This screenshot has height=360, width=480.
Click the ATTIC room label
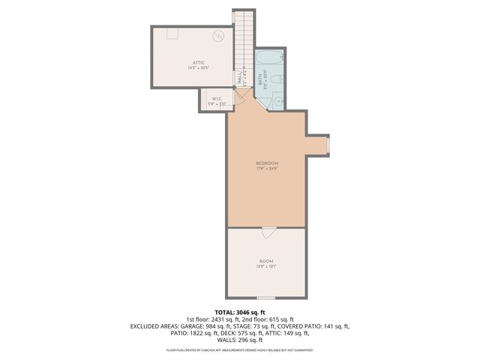coord(197,62)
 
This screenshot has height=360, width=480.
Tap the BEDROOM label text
coord(267,163)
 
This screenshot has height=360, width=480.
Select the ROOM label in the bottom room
coord(267,262)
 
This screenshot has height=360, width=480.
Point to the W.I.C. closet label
coord(216,98)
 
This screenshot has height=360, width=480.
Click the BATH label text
coord(260,77)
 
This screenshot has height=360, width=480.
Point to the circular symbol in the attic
coord(219,36)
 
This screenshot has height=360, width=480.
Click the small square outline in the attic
coord(172,31)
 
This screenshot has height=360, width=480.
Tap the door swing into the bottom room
coord(267,233)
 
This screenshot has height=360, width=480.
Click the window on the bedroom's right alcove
coord(328,144)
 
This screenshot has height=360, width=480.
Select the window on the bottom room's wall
coord(266,298)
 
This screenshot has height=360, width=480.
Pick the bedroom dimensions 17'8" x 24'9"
coord(267,169)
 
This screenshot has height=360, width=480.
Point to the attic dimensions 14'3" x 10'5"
coord(197,68)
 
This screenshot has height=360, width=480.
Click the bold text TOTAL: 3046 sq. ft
coord(240,312)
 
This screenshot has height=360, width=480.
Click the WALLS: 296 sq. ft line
coord(240,341)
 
